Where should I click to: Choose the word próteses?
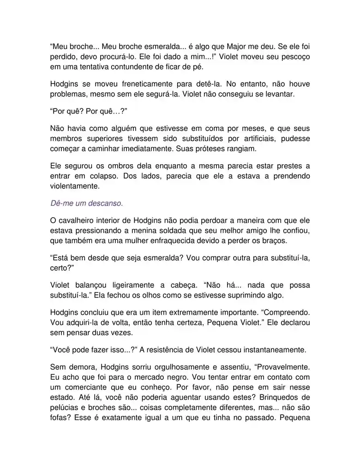click(198, 149)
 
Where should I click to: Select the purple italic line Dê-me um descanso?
click(86, 203)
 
